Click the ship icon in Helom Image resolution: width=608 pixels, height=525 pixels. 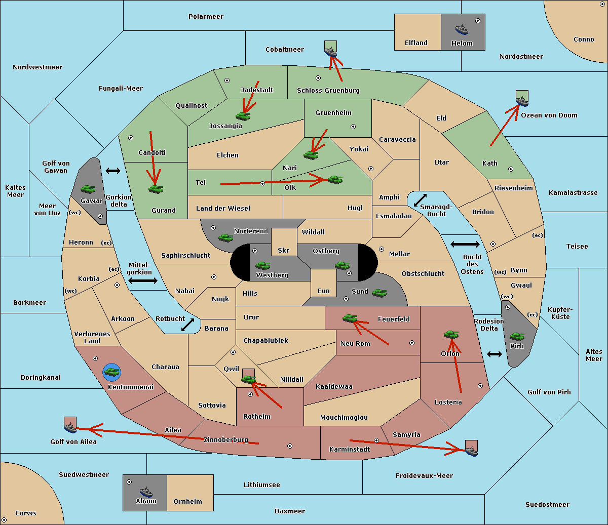click(462, 29)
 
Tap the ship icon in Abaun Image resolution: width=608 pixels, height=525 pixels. click(146, 492)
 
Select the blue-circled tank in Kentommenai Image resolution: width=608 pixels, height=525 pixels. click(111, 372)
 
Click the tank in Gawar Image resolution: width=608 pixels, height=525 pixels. click(88, 189)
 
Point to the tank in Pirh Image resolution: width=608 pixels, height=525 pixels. click(517, 337)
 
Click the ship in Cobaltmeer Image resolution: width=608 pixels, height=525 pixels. click(330, 51)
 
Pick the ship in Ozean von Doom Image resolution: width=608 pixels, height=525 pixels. click(522, 100)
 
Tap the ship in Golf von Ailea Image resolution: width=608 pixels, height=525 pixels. click(70, 427)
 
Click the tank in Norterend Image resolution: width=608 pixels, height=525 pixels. click(225, 237)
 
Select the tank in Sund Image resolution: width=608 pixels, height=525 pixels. click(379, 293)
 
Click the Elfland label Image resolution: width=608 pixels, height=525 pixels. click(416, 43)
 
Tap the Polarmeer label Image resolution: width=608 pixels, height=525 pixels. click(206, 17)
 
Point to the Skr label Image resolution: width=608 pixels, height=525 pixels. click(284, 250)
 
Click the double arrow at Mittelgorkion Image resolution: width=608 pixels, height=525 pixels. click(143, 281)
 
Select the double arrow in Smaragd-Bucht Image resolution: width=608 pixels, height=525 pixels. click(420, 200)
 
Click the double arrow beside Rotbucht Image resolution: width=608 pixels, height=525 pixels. click(188, 325)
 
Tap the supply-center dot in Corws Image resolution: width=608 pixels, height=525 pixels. click(4, 520)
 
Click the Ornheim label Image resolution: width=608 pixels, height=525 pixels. click(187, 502)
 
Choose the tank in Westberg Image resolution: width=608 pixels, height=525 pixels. click(262, 265)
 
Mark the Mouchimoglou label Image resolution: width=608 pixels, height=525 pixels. click(344, 418)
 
